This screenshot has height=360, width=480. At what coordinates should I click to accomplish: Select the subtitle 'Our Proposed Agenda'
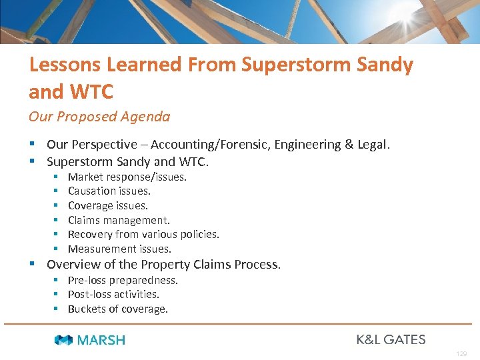point(99,117)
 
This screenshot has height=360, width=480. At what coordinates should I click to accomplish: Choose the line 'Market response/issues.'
point(127,177)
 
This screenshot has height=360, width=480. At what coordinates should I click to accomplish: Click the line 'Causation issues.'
point(109,191)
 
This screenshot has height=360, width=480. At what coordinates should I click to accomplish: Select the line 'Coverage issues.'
point(108,206)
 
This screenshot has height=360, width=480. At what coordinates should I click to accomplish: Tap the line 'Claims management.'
point(119,220)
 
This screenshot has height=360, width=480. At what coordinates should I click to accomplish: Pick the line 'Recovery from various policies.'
point(143,234)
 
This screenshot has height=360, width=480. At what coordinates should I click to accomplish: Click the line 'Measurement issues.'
point(119,249)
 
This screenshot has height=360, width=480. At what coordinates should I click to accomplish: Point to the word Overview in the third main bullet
point(71,265)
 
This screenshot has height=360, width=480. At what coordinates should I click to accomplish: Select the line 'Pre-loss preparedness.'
point(123,280)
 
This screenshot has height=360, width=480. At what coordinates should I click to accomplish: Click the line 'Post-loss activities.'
point(113,294)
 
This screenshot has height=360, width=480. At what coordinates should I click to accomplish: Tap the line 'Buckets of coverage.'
point(118,309)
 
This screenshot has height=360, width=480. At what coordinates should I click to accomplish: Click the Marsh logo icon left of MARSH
point(63,340)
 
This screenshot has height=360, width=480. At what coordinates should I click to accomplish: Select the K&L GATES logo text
point(391,339)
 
